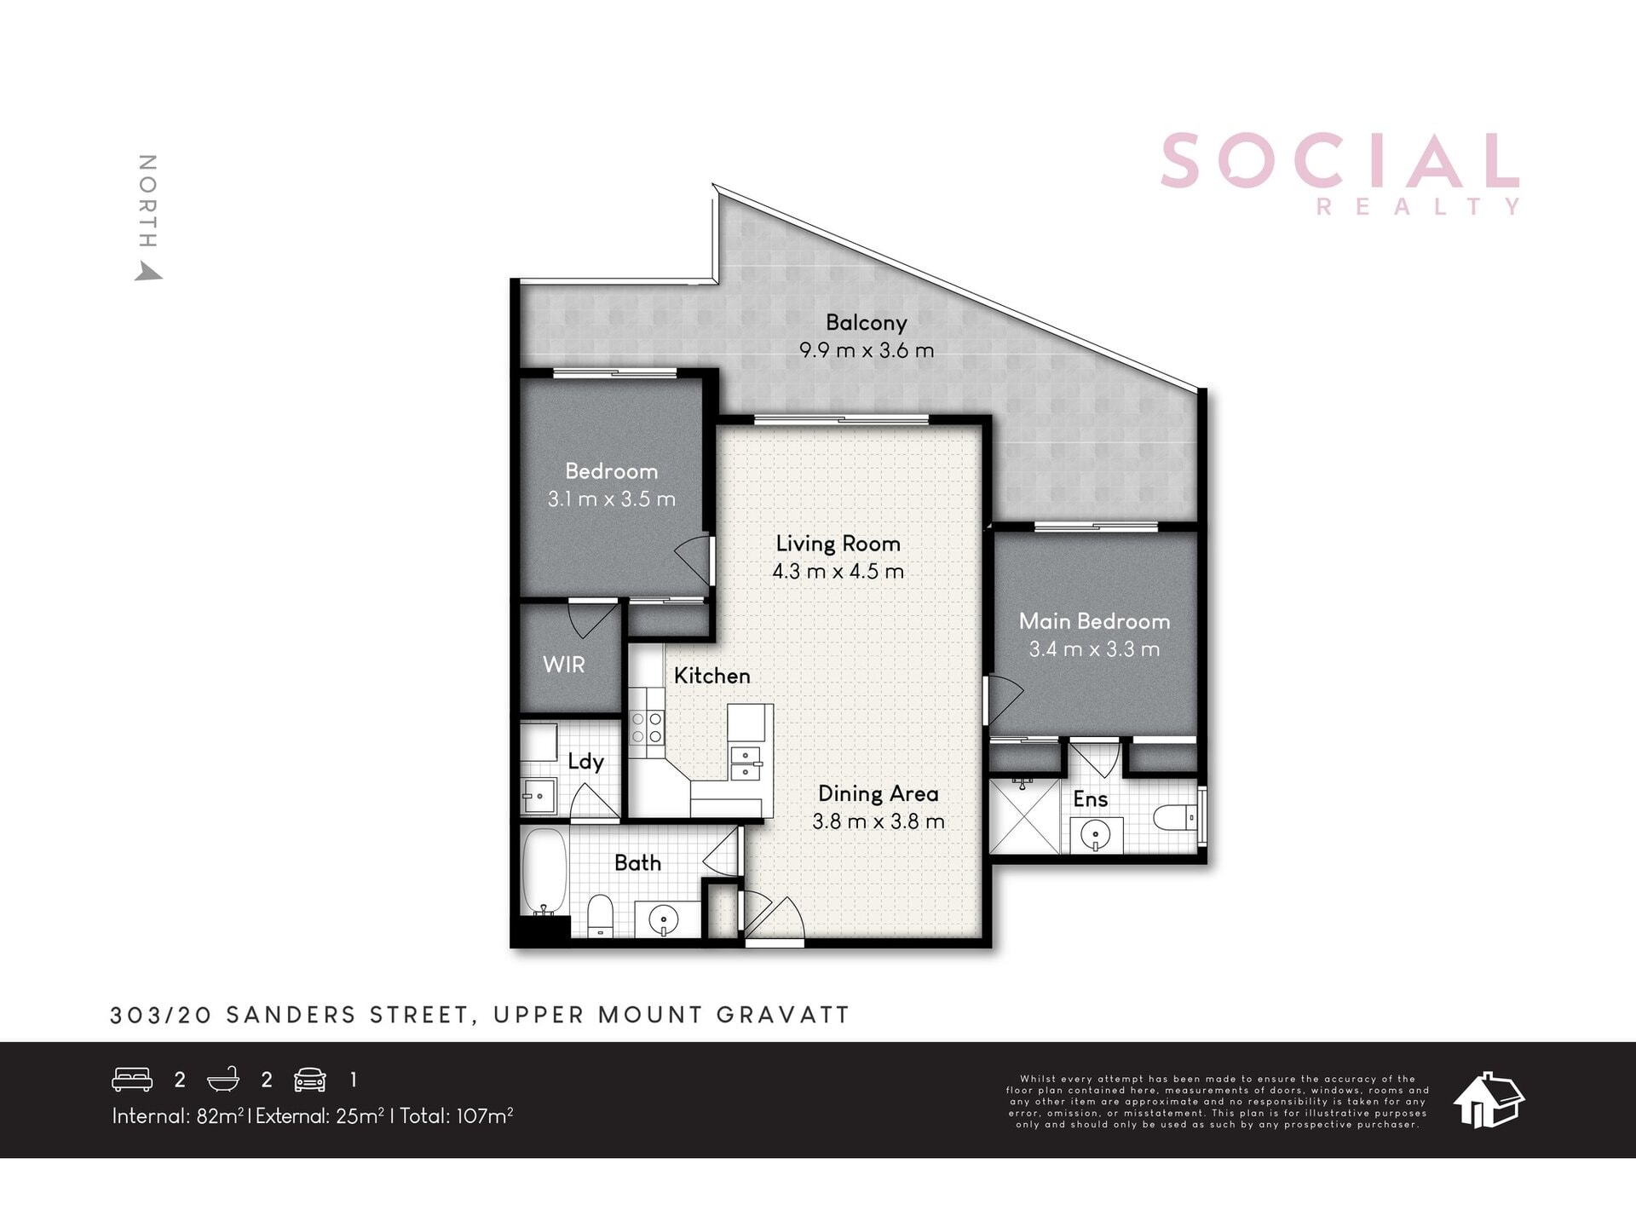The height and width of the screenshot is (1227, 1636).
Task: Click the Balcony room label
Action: pyautogui.click(x=866, y=323)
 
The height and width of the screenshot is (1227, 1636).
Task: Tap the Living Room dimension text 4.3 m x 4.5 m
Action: pyautogui.click(x=838, y=572)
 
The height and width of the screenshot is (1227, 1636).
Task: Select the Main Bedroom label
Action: pyautogui.click(x=1094, y=621)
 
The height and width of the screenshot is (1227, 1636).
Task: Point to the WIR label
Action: pyautogui.click(x=564, y=665)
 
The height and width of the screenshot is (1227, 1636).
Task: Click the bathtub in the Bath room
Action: pyautogui.click(x=544, y=872)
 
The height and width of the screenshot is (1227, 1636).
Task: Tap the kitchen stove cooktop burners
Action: pyautogui.click(x=647, y=728)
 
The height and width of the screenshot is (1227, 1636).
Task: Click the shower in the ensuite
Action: pyautogui.click(x=1024, y=815)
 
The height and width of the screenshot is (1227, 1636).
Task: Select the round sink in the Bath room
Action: pyautogui.click(x=663, y=920)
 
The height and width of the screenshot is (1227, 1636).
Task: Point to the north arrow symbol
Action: pyautogui.click(x=149, y=271)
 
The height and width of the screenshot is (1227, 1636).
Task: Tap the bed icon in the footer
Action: pyautogui.click(x=132, y=1080)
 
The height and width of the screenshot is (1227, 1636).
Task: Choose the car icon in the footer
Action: pyautogui.click(x=309, y=1080)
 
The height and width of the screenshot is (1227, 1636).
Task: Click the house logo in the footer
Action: pyautogui.click(x=1489, y=1099)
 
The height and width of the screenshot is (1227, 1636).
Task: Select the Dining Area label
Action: pyautogui.click(x=878, y=793)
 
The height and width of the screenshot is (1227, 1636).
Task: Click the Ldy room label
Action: pyautogui.click(x=586, y=762)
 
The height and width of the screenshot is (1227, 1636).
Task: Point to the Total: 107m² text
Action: pyautogui.click(x=456, y=1115)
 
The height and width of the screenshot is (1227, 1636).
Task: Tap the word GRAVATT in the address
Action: pyautogui.click(x=783, y=1015)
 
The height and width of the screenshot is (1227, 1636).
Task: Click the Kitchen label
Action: pyautogui.click(x=712, y=676)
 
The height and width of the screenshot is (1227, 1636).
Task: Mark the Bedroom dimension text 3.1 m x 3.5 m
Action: pyautogui.click(x=612, y=499)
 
